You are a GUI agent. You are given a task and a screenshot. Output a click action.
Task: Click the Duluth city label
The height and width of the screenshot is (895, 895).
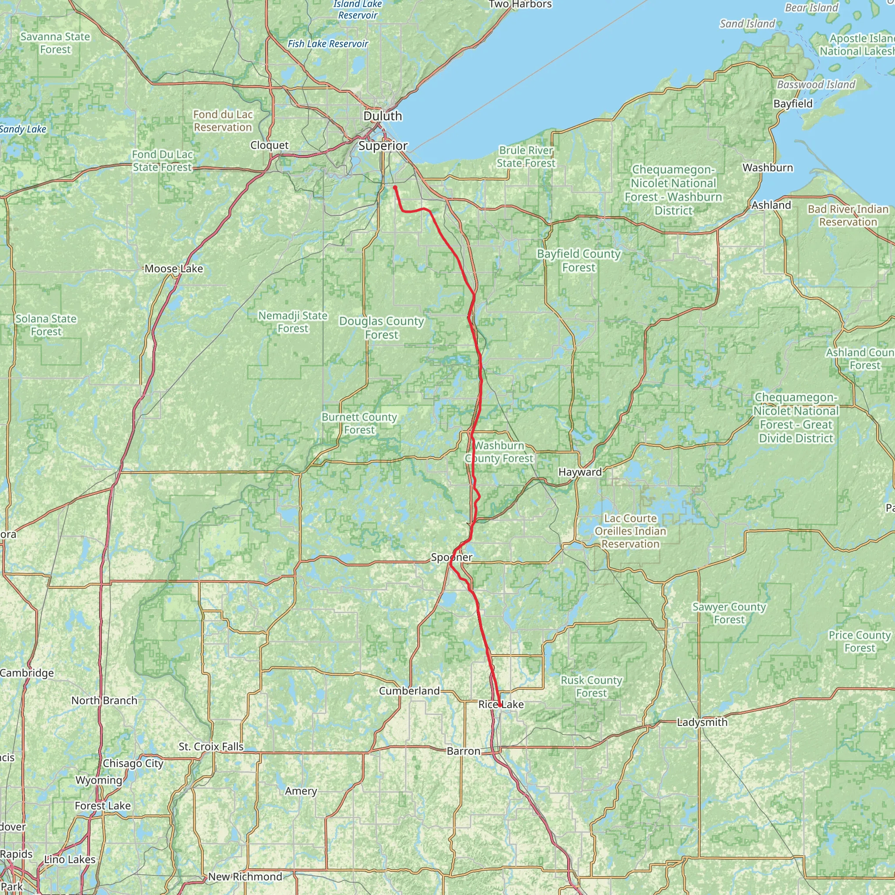coord(383,116)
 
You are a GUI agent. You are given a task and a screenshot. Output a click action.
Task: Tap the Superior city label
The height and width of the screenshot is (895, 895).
coord(383,146)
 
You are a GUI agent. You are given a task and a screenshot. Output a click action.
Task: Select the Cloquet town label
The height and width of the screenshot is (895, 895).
coord(270,146)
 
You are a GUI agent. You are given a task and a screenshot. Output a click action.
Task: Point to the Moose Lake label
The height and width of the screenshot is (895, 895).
coord(174,269)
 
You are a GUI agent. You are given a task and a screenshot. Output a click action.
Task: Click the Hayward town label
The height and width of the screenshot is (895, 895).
coord(580,472)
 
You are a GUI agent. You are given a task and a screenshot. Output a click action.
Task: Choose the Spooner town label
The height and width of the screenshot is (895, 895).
coord(452,557)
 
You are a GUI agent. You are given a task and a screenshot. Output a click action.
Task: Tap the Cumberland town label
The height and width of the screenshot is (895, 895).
coord(409,691)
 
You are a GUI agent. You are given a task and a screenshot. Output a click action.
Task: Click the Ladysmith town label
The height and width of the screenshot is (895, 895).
coord(702,722)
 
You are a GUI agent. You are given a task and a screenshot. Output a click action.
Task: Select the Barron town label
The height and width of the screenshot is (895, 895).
coord(463,751)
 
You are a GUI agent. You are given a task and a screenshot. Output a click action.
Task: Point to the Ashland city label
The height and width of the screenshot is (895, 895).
coord(771,205)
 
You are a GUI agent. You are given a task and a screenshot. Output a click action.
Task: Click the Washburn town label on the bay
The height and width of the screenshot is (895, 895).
coord(767,168)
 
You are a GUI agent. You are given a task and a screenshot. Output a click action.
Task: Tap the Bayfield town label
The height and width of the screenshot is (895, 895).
coord(793,104)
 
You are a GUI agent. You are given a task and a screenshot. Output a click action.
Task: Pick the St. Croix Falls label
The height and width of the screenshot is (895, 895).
coord(211,747)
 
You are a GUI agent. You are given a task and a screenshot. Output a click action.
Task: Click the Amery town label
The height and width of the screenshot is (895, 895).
coord(301,791)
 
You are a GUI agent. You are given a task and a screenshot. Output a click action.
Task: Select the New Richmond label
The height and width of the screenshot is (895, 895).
coord(245,877)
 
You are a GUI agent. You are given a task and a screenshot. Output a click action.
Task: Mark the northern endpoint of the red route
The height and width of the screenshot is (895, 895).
coord(395,187)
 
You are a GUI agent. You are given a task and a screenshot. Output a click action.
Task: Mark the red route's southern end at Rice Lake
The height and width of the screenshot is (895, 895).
coord(500,705)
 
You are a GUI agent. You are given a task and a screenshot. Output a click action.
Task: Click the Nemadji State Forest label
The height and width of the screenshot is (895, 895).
coord(293,322)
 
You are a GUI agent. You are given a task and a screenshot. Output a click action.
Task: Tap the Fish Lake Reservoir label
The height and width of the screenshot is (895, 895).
coord(328,44)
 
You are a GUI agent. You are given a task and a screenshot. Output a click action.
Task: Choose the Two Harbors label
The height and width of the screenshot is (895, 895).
coord(520,5)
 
